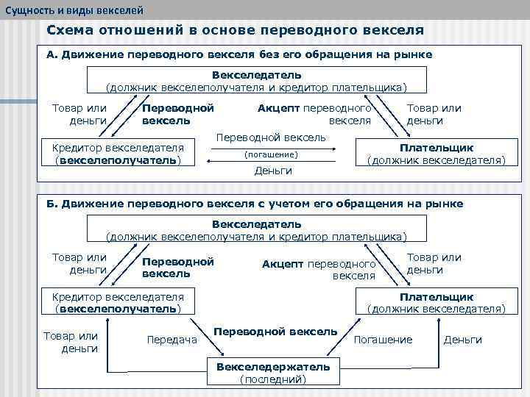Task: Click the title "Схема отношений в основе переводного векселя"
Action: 235,31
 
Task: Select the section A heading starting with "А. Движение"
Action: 239,54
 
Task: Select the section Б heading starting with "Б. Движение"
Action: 255,204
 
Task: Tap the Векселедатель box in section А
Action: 257,81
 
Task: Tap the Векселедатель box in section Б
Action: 257,229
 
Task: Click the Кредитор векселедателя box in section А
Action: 118,153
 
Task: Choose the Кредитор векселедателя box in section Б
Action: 118,302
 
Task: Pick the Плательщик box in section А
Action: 436,153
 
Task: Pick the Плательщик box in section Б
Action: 436,302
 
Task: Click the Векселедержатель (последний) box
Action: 273,373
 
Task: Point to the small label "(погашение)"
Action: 271,154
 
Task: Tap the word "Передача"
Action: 172,340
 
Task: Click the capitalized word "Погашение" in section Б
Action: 384,340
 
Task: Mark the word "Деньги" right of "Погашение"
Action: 463,340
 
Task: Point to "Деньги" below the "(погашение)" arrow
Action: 273,171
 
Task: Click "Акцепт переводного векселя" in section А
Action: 314,114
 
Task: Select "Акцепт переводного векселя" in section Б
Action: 319,270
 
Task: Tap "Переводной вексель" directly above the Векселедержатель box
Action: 275,332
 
